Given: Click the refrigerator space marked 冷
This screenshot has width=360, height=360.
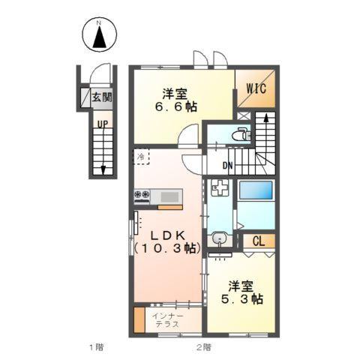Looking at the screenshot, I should tap(142, 157).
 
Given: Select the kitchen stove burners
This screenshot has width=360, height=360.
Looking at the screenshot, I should tap(142, 196).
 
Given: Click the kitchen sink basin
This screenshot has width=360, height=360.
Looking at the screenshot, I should tap(170, 196).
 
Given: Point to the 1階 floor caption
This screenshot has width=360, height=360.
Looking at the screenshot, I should tap(94, 346).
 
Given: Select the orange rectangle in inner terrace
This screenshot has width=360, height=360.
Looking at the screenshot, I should tap(139, 320).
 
